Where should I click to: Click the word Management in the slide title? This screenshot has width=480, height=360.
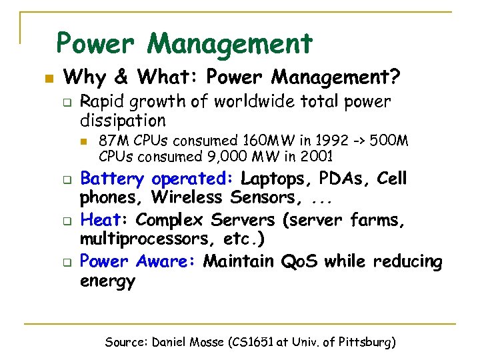pyautogui.click(x=230, y=44)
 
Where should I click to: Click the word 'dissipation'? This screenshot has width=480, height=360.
pyautogui.click(x=123, y=121)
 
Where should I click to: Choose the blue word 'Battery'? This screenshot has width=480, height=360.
pyautogui.click(x=111, y=179)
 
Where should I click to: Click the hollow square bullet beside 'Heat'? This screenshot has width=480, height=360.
pyautogui.click(x=67, y=221)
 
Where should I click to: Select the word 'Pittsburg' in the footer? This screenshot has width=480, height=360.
pyautogui.click(x=365, y=343)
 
